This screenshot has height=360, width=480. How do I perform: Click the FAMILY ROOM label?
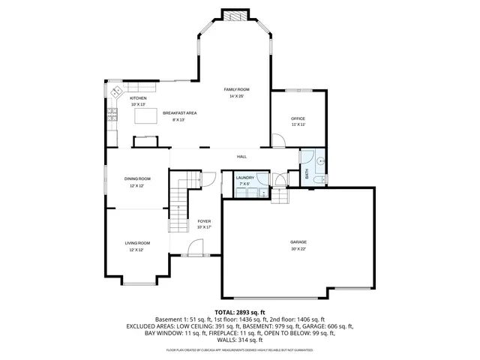click(x=236, y=89)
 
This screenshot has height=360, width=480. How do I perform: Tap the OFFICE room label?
click(x=298, y=118)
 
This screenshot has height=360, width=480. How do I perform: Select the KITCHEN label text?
click(x=138, y=98)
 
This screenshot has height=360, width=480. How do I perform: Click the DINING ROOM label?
click(x=137, y=178)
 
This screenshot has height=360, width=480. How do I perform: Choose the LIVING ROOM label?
click(x=137, y=243)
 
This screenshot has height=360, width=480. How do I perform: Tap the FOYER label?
click(x=204, y=221)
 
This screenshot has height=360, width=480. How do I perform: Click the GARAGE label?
click(x=298, y=241)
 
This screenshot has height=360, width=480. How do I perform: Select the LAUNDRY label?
click(x=245, y=178)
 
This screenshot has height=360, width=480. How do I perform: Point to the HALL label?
click(x=241, y=157)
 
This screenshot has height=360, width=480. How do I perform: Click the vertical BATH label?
click(x=307, y=173)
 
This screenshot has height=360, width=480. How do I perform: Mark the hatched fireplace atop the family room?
click(x=233, y=15)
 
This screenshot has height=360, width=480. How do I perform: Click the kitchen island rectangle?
click(x=145, y=115)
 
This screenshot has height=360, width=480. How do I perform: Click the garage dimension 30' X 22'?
click(x=298, y=249)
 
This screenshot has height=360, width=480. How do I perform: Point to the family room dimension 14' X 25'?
click(x=236, y=97)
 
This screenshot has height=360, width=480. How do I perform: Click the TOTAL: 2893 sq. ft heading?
click(x=240, y=312)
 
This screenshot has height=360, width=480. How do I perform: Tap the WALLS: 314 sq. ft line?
click(x=240, y=340)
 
